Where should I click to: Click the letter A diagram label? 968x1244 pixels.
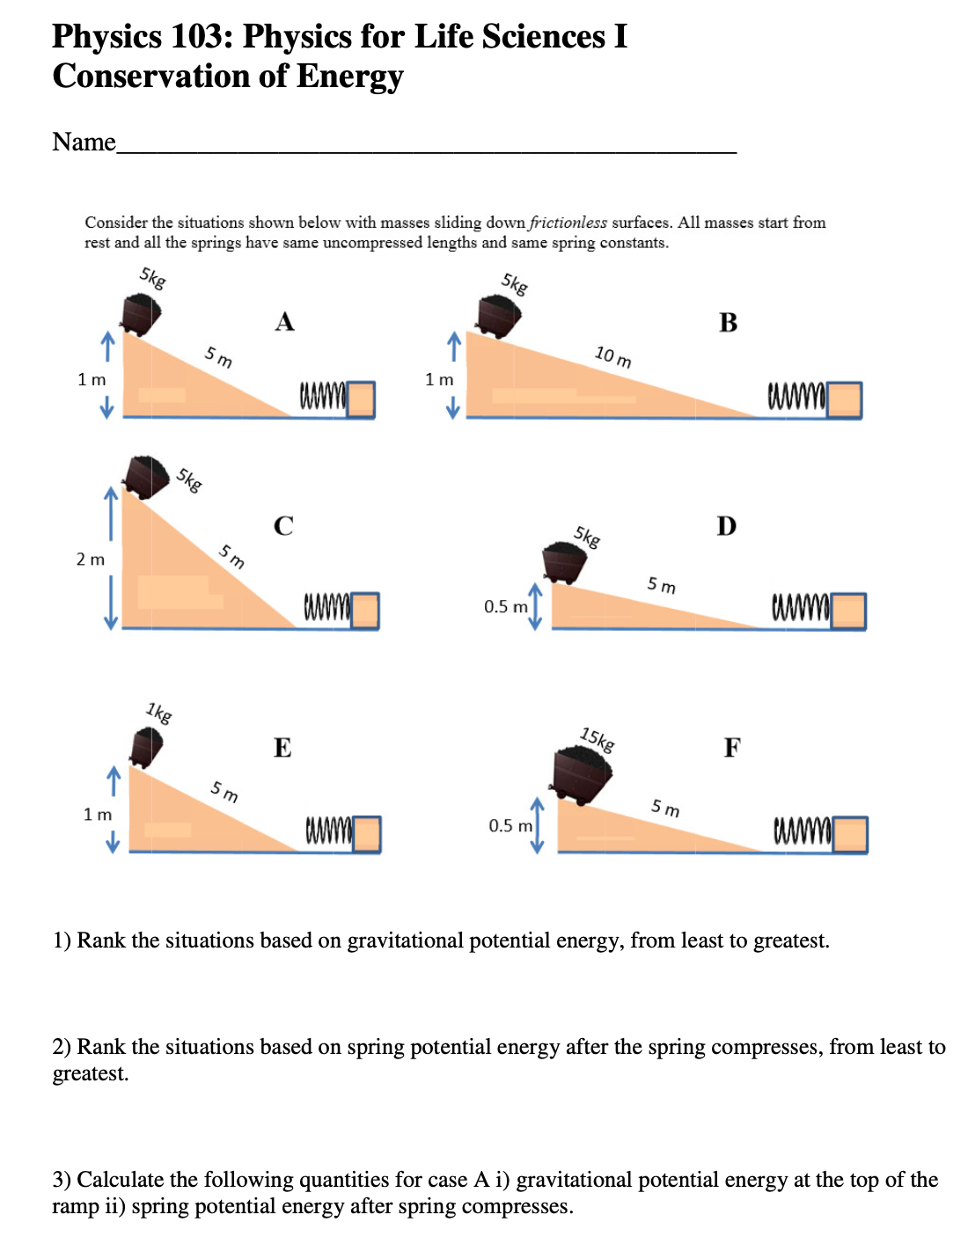[x=284, y=322]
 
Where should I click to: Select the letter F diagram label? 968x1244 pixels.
[x=732, y=748]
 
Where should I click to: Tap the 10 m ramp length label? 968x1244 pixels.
[x=612, y=356]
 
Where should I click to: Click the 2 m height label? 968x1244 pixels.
[x=90, y=560]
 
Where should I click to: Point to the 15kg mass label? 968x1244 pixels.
[x=598, y=740]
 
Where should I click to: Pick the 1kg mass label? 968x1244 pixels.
[x=159, y=712]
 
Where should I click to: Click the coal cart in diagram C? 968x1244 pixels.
[x=146, y=476]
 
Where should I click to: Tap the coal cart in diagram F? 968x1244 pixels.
[x=582, y=774]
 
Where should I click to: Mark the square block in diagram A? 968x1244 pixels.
[x=362, y=399]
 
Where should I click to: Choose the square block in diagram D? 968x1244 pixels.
[x=848, y=611]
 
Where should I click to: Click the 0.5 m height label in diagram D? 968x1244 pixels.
[x=506, y=606]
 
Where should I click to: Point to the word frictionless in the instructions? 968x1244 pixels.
[x=568, y=223]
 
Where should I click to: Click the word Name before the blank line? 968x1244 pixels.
[x=84, y=142]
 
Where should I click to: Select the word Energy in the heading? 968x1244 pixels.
[x=349, y=77]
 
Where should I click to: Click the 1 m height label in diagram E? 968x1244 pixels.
[x=98, y=815]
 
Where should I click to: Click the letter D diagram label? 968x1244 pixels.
[x=726, y=526]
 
